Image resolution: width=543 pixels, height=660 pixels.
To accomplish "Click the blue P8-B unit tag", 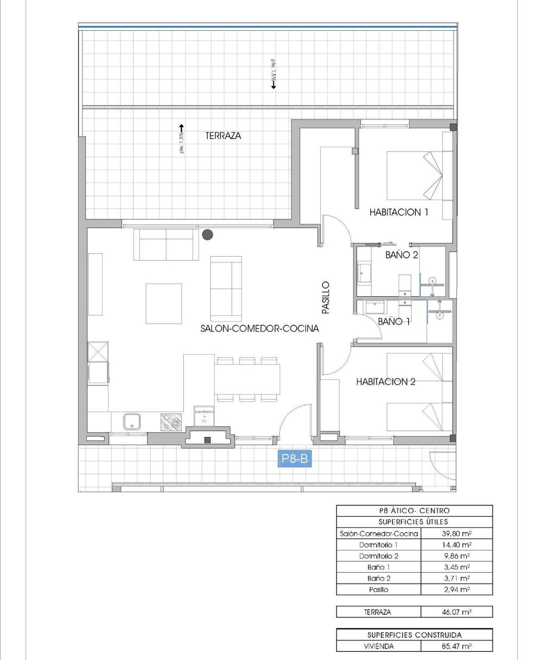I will (x=295, y=459).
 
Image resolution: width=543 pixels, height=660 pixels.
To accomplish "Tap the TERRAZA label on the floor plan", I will (x=223, y=136).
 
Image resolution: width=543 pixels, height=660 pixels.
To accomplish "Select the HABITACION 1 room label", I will (x=399, y=212).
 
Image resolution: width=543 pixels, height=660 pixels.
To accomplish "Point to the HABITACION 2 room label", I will (x=386, y=382).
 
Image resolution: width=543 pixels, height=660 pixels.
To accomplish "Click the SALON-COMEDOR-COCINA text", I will (x=259, y=328).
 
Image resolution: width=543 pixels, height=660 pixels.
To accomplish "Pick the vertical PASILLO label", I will (x=326, y=297).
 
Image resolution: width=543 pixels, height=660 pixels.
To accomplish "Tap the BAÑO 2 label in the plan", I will (x=401, y=255).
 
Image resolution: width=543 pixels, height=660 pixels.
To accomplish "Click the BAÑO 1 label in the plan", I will (x=394, y=321).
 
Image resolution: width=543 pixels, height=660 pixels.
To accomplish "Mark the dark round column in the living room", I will (x=208, y=234).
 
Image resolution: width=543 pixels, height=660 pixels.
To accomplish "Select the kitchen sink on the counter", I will (x=132, y=422).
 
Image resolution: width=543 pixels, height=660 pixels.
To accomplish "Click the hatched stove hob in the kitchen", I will (x=171, y=422).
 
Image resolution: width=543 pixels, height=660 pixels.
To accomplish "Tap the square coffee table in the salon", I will (x=164, y=304).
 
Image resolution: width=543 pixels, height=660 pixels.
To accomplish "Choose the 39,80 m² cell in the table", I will (x=457, y=533).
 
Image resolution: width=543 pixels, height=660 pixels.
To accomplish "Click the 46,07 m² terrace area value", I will (x=457, y=612).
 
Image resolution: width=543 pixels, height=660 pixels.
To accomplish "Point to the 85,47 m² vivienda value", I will (x=457, y=646).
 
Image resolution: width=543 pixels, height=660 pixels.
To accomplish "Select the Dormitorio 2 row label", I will (x=379, y=556).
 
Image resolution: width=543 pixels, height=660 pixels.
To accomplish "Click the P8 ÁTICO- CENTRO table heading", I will (x=414, y=511).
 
